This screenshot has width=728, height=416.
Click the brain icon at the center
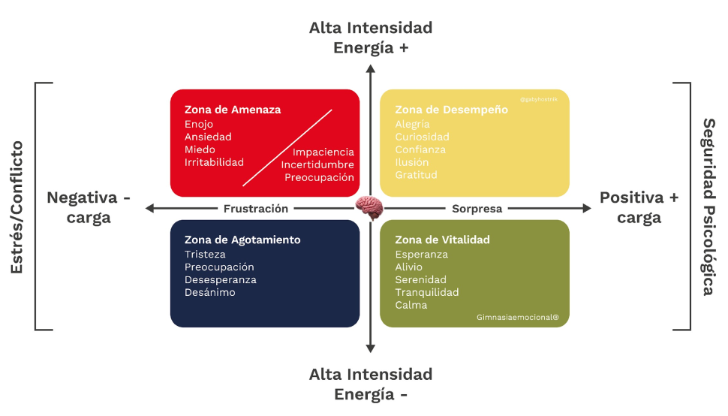tap(369, 207)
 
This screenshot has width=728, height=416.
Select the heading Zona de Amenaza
tap(233, 110)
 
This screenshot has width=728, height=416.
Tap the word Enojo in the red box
tap(199, 125)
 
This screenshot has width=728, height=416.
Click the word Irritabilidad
tap(214, 162)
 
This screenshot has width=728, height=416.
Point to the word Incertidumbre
tap(317, 165)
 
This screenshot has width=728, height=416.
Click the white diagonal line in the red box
tap(287, 148)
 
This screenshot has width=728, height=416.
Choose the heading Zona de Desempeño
tap(451, 110)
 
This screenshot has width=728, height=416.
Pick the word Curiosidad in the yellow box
tap(422, 137)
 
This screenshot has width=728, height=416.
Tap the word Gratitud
tap(416, 175)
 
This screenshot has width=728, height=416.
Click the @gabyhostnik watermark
tap(539, 99)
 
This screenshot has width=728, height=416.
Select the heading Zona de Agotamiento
tap(242, 240)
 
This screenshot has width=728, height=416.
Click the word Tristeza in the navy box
tap(205, 255)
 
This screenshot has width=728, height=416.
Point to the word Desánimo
tap(209, 292)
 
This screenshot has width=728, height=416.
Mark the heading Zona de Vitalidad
tap(442, 240)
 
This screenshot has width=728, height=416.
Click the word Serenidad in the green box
tap(420, 280)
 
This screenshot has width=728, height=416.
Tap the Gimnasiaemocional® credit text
tap(517, 318)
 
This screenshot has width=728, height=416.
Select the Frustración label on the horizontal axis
tap(256, 209)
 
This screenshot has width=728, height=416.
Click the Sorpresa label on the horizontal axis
tap(477, 209)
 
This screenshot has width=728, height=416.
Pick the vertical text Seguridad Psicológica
tap(708, 207)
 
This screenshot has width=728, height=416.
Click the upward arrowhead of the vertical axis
tap(370, 68)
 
